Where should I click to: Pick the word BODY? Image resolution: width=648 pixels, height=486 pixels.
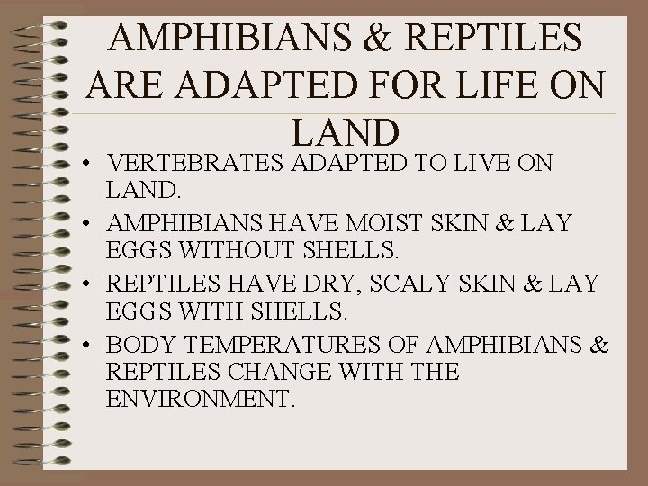pos(139,344)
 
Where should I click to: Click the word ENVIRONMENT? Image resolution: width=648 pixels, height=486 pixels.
pos(200,399)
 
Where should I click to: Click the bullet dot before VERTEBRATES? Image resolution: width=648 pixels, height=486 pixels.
pos(94,165)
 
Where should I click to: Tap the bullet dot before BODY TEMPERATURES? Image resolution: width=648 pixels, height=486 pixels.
pos(94,346)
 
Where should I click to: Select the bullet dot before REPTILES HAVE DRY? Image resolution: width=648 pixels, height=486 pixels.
pos(94,286)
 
